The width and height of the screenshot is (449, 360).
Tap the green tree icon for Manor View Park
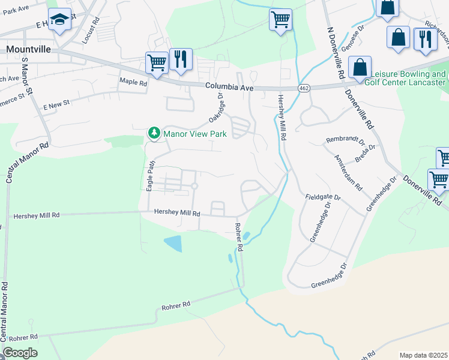(154, 133)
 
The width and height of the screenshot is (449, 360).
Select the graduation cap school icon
(59, 20)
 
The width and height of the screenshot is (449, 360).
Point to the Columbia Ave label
(229, 87)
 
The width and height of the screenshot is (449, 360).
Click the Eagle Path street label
(150, 179)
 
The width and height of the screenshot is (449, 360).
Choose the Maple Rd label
(133, 82)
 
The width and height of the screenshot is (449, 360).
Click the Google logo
(20, 353)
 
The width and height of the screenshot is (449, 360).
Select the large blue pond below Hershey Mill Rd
(173, 244)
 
